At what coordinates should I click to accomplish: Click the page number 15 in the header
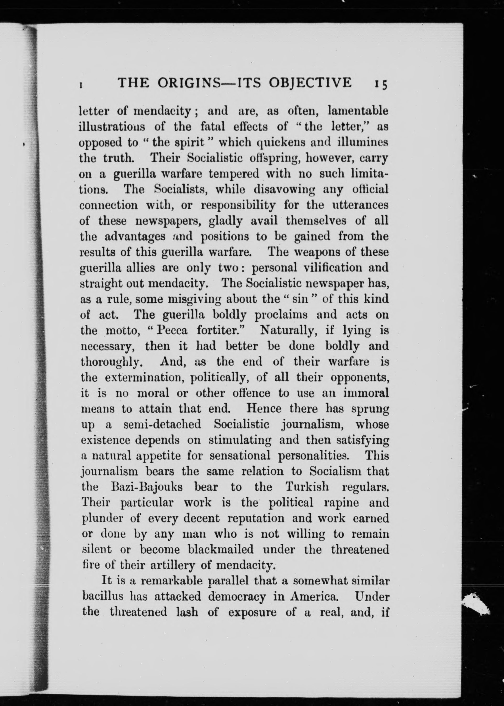tap(380, 84)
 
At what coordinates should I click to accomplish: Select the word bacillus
tap(103, 597)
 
